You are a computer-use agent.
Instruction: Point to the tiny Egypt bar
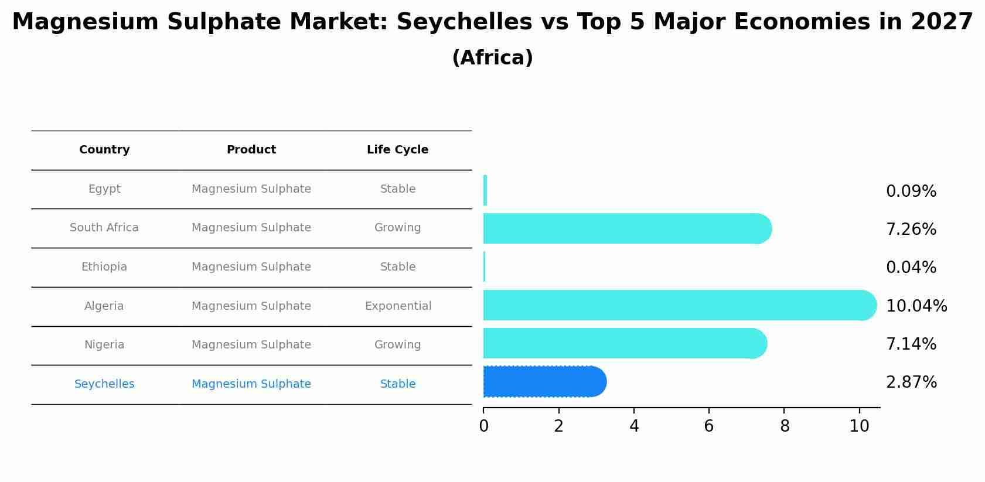pyautogui.click(x=485, y=190)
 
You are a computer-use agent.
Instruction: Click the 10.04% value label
pyautogui.click(x=916, y=306)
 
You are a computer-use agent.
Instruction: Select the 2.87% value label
pyautogui.click(x=911, y=382)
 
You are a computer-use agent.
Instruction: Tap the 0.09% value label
pyautogui.click(x=911, y=192)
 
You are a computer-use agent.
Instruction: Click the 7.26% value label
pyautogui.click(x=911, y=230)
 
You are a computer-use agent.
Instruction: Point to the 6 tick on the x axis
pyautogui.click(x=709, y=426)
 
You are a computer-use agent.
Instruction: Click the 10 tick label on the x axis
pyautogui.click(x=859, y=426)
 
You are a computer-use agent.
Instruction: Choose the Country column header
pyautogui.click(x=104, y=150)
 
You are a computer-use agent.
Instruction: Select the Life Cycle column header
pyautogui.click(x=397, y=150)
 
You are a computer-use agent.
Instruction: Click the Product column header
pyautogui.click(x=251, y=150)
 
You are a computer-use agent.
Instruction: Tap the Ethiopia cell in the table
pyautogui.click(x=104, y=267)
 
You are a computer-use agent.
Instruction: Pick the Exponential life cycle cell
pyautogui.click(x=398, y=306)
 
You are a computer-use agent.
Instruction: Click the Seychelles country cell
pyautogui.click(x=104, y=384)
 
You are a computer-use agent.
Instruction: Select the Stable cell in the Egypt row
pyautogui.click(x=398, y=189)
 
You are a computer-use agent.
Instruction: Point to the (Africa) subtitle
pyautogui.click(x=492, y=58)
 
